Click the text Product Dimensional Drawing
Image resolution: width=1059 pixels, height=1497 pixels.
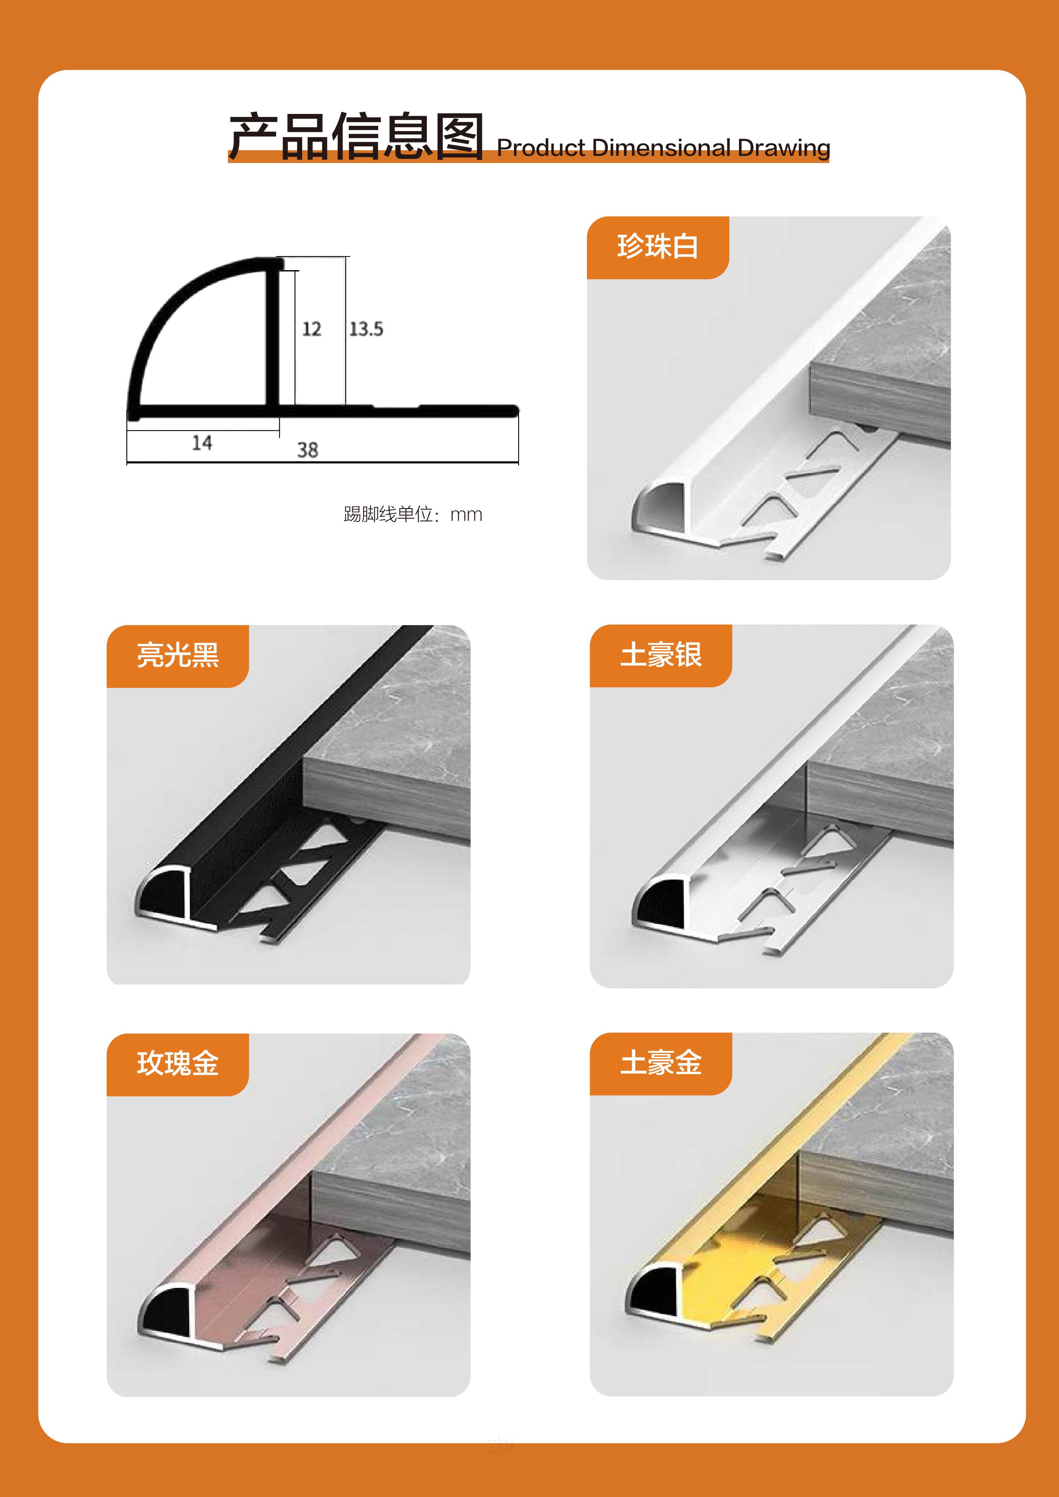(663, 148)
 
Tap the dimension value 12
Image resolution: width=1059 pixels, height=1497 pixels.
(312, 329)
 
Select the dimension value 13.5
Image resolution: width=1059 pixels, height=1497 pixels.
(366, 329)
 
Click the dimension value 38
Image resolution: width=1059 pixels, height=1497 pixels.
(308, 450)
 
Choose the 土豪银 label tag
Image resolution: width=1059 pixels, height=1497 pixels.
(661, 655)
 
